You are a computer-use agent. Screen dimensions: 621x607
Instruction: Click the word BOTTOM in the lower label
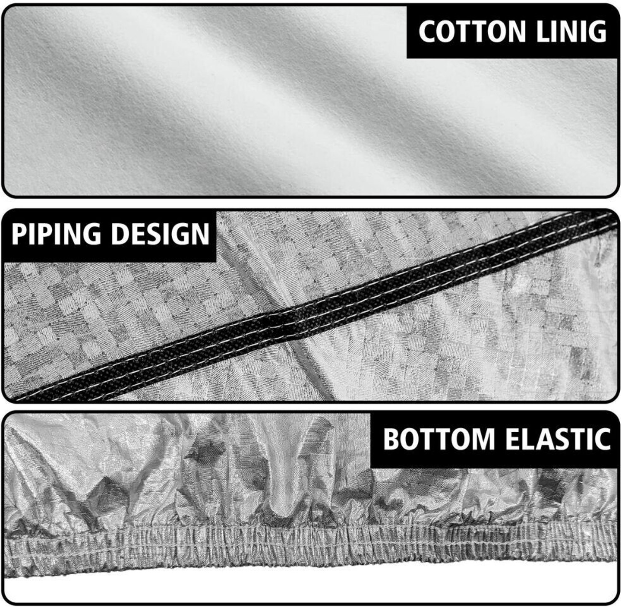[438, 439]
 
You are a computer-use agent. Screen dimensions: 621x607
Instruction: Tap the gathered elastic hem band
[310, 551]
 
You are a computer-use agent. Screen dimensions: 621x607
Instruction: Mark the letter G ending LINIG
[597, 31]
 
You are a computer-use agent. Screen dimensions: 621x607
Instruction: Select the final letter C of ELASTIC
[602, 439]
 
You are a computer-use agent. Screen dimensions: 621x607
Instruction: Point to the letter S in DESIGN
[154, 234]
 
